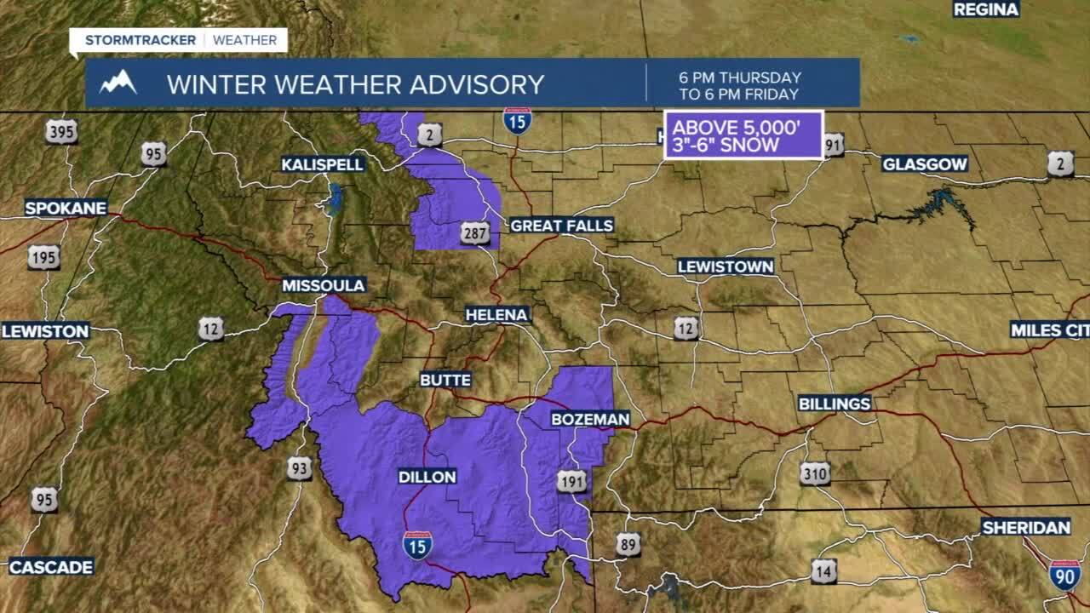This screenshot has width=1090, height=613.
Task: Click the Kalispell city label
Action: pos(323,163)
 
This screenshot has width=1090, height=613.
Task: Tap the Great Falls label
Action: pos(561,226)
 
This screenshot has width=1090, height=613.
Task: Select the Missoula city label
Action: pos(324,285)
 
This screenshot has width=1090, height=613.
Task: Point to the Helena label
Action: pos(497,315)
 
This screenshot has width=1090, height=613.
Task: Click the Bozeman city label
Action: pos(590,419)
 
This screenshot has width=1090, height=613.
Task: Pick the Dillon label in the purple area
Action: pos(427,477)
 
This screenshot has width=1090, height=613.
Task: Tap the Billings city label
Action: pos(835,404)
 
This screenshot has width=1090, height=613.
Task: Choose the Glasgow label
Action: pos(925,164)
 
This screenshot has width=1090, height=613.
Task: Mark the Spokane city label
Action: pos(66,208)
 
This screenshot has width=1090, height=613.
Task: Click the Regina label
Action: pos(986,9)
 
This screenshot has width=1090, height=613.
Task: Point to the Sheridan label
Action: pos(1026,528)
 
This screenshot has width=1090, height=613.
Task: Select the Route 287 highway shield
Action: pos(475,232)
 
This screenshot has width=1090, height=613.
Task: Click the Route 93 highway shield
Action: pos(299,467)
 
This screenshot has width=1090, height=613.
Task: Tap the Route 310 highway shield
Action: pos(815,473)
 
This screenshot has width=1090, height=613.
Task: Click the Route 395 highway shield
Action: pos(61,132)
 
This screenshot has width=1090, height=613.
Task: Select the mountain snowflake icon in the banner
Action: pos(118,83)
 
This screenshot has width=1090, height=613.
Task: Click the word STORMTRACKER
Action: pos(141,40)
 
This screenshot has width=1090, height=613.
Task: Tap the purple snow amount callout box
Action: pos(743,135)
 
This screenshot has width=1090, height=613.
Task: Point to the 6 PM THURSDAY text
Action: pos(740,77)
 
